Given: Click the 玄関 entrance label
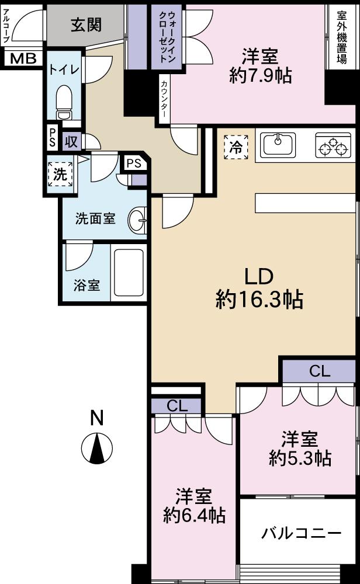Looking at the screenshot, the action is point(86,25).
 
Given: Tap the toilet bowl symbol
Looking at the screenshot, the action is point(64,102).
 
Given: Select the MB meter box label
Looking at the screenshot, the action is point(23,58).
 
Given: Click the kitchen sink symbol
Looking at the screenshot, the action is point(278,144).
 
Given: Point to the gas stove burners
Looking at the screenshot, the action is point(333,145).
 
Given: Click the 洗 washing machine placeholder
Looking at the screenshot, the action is point(60,174).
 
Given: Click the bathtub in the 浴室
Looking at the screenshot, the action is point(129,273).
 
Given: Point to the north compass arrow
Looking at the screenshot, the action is point(97,449).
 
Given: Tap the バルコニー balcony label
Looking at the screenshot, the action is point(301,533).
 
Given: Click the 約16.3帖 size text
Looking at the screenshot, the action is point(259,299).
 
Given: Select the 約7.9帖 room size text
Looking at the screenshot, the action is point(260,76).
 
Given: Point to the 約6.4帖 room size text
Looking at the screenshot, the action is point(194,516).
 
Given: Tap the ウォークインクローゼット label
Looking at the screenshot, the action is point(167,37).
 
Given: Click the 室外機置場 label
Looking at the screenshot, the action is point(342,37).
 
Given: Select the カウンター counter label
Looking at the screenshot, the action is point(164,99).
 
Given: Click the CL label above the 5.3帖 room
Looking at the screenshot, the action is point(320,371).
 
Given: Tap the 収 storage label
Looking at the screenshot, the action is point(71,141).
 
